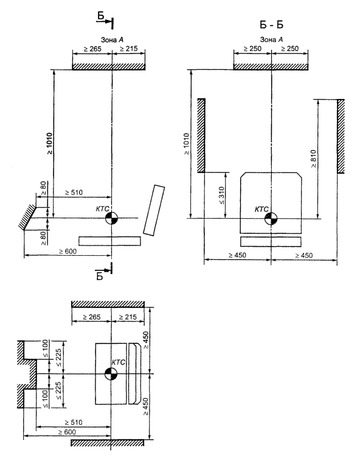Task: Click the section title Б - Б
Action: click(271, 25)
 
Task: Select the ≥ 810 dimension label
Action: click(313, 159)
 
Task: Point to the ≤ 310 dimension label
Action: click(222, 196)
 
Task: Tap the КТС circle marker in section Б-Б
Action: click(271, 219)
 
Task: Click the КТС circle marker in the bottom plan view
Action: click(111, 374)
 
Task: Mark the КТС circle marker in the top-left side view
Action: click(111, 219)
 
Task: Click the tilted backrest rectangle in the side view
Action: click(154, 210)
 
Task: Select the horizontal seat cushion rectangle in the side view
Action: click(109, 241)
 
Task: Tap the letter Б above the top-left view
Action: click(101, 15)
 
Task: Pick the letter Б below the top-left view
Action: click(100, 276)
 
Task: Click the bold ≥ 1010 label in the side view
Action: click(49, 143)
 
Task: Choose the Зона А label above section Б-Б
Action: click(271, 39)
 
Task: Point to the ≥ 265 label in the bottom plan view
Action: click(92, 317)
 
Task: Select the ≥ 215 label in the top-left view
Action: click(128, 49)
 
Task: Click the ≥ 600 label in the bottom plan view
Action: click(67, 432)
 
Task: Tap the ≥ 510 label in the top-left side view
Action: click(74, 193)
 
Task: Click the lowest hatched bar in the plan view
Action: click(108, 443)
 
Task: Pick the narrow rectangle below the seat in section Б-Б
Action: click(271, 242)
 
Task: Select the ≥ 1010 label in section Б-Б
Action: click(187, 144)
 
